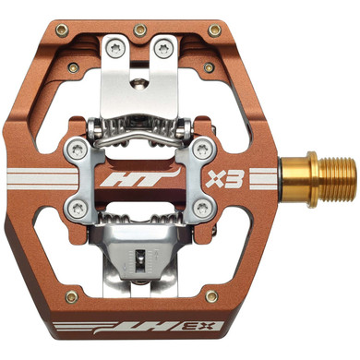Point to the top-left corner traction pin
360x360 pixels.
(62, 30)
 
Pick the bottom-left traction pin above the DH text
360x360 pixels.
(67, 295)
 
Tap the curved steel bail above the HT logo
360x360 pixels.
(138, 139)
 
